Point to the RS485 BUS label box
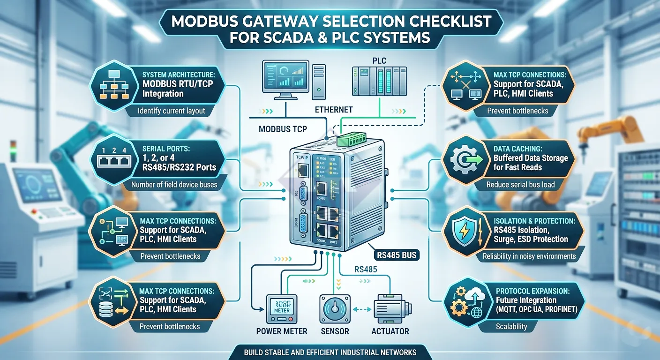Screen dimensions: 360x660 pyautogui.click(x=398, y=255)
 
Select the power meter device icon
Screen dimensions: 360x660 pyautogui.click(x=282, y=309)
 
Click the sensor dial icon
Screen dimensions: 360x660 pyautogui.click(x=335, y=309)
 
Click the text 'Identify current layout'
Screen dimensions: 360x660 pyautogui.click(x=172, y=112)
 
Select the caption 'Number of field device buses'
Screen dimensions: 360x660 pyautogui.click(x=174, y=184)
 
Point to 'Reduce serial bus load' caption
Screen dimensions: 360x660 pyautogui.click(x=520, y=184)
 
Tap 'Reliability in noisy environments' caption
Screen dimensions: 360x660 pyautogui.click(x=529, y=256)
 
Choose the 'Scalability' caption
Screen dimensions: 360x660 pyautogui.click(x=511, y=327)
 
